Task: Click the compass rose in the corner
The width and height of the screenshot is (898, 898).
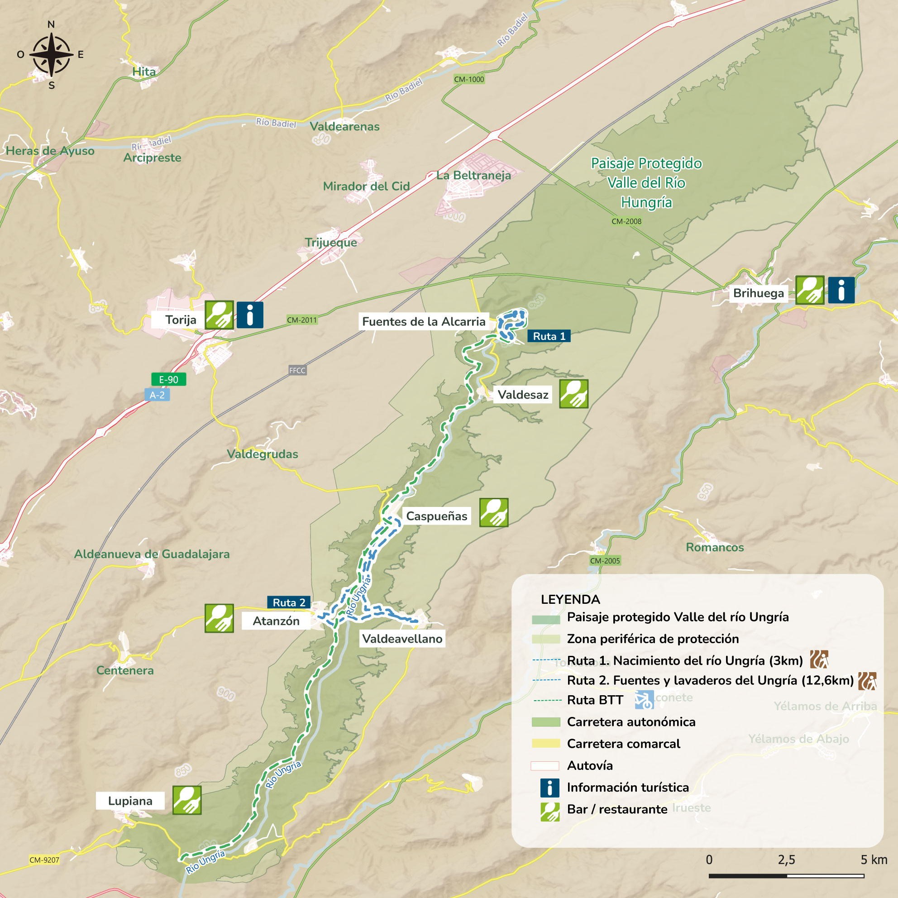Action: pos(51,55)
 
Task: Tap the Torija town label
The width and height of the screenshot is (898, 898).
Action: pos(180,320)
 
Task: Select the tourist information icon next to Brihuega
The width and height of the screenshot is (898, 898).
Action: pos(841,290)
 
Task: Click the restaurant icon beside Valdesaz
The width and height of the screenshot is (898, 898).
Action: pos(573,394)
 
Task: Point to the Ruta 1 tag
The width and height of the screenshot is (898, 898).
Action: pos(549,336)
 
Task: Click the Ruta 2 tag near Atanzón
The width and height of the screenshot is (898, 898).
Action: pos(289,602)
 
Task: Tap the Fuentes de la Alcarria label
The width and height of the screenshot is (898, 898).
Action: pos(424,321)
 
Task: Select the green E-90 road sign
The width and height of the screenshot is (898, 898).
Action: pos(168,379)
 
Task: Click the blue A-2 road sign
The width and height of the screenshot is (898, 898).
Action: pos(157,395)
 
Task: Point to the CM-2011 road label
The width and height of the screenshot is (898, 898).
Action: pos(301,320)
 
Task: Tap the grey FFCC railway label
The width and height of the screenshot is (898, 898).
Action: pos(297,370)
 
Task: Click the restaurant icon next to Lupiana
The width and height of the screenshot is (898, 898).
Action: pos(187,800)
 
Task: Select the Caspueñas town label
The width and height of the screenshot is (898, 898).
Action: pos(436,516)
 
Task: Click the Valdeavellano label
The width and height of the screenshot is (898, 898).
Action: pos(402,639)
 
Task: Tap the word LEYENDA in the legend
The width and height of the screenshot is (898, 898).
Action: pos(570,599)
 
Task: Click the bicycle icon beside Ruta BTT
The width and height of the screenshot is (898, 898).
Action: pos(644,700)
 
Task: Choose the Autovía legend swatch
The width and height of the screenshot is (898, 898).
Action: pos(545,766)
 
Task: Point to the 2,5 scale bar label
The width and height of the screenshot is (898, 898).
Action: pos(787,860)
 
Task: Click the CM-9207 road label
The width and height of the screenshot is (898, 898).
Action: pos(44,860)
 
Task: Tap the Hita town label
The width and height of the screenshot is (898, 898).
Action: pos(144,72)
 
